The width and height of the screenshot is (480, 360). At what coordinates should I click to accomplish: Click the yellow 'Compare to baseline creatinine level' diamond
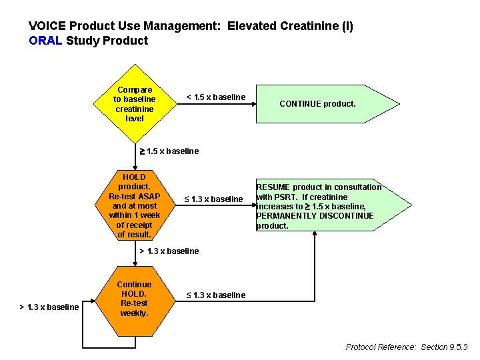tap(134, 103)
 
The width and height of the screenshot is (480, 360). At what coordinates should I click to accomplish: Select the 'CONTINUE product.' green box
tap(317, 104)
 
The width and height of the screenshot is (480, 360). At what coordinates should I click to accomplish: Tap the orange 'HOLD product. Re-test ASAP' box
tap(134, 206)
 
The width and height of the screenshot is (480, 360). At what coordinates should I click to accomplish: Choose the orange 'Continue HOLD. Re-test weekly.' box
tap(134, 299)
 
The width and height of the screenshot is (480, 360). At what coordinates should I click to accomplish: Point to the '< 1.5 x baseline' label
tap(215, 97)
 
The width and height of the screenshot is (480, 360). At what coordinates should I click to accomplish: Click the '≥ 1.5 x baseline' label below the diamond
tap(168, 151)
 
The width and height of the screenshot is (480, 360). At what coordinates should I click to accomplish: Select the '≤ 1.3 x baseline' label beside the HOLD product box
tap(213, 199)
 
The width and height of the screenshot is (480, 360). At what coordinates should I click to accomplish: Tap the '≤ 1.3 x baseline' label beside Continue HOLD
tap(215, 295)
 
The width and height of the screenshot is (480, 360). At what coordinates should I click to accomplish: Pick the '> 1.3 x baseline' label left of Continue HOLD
tap(49, 307)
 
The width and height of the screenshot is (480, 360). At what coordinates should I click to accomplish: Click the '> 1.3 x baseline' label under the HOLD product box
tap(169, 251)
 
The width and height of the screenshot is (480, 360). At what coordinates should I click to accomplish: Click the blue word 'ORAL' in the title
tap(45, 41)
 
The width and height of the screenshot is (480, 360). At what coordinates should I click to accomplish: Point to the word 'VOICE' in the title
tap(47, 27)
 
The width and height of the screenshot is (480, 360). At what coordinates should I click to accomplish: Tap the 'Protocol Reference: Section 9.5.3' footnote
tap(407, 347)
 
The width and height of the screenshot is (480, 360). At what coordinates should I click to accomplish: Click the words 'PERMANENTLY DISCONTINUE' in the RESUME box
tap(315, 216)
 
